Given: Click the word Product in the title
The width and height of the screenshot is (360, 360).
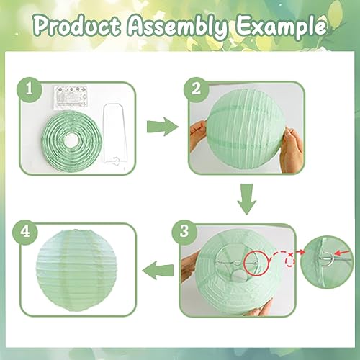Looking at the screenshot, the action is point(77,26).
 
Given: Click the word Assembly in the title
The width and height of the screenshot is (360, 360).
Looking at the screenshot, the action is point(177,27).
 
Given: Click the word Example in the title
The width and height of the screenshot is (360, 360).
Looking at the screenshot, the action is point(282,27).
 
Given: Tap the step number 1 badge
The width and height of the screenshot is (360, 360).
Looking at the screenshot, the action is point(30,89).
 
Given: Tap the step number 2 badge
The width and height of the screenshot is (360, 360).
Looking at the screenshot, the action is point(197,89).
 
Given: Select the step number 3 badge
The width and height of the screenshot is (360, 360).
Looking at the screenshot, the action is point(184,231).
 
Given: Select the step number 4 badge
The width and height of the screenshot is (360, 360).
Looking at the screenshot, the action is point(25,232).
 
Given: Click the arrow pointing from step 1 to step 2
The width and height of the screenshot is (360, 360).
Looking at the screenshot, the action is point(162,127).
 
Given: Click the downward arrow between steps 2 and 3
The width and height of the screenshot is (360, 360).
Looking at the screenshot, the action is point(247,199).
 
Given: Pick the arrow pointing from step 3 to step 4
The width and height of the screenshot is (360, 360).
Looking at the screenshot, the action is point(158,271).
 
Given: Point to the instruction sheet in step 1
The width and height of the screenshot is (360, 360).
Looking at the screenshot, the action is point(70,98).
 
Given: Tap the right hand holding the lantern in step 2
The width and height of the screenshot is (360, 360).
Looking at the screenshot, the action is point(292,150).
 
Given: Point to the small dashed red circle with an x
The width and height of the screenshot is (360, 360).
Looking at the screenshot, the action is point(291,260).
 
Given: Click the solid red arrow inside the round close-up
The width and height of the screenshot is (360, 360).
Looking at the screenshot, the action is point(342,253).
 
